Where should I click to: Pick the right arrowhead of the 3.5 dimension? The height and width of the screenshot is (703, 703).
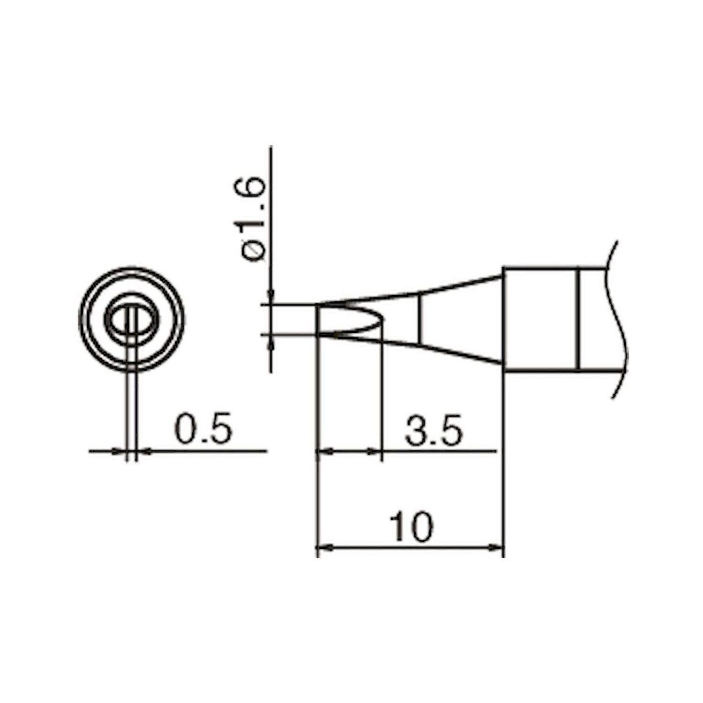click(376, 451)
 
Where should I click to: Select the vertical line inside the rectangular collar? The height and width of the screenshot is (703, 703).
click(579, 319)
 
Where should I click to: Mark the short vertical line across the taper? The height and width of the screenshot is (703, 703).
click(420, 319)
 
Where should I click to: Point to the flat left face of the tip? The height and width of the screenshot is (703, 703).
click(317, 320)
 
